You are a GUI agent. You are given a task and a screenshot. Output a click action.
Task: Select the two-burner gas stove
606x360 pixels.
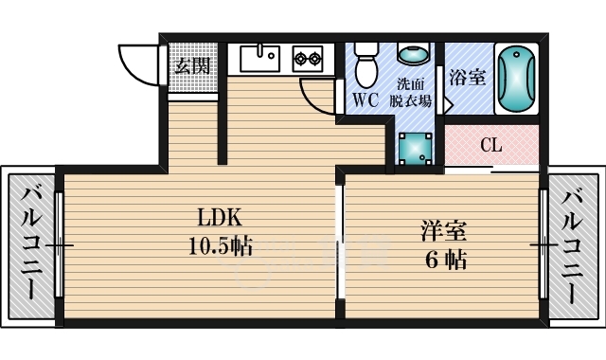[307, 59]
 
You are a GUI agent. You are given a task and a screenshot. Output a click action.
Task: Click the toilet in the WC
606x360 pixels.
[364, 64]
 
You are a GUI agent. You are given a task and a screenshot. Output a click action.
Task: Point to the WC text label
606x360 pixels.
[366, 99]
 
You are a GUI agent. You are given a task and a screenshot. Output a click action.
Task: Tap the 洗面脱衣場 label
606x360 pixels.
[413, 91]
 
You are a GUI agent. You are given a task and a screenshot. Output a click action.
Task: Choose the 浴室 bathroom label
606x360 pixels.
[467, 78]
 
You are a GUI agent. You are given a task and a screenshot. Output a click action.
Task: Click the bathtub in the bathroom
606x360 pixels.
[516, 78]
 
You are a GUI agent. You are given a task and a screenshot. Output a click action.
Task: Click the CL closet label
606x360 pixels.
[490, 146]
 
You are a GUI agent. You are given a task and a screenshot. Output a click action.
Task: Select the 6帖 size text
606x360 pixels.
[444, 259]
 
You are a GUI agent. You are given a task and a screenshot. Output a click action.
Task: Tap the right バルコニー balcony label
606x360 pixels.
[572, 244]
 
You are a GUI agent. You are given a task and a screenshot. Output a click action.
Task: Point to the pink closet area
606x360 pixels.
[492, 147]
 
